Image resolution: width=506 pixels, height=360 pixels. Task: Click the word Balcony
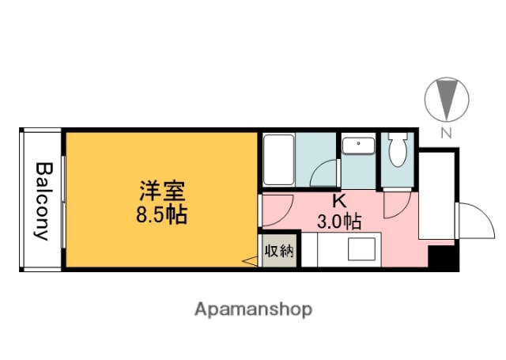[42, 201]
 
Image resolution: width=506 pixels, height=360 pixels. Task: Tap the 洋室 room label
[162, 191]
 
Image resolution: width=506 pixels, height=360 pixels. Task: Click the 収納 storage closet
[279, 252]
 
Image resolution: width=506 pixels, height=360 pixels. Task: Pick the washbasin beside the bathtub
[360, 146]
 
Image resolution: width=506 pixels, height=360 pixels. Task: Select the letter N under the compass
[446, 133]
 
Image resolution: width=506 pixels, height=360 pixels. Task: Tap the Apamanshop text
[253, 309]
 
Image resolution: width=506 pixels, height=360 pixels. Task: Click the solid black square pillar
[442, 258]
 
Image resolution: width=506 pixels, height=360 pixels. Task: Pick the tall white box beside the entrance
[436, 195]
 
